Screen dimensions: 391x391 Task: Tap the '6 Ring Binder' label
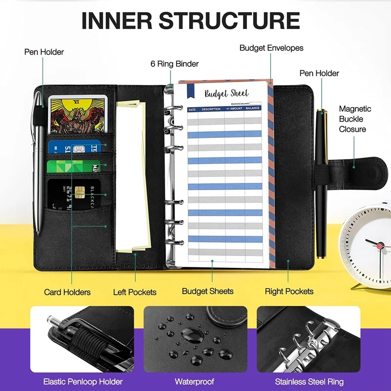coord(174,64)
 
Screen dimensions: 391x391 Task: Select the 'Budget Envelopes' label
coord(271,48)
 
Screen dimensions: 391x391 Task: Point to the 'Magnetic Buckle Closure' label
coord(355,119)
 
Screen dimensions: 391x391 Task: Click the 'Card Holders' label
coord(67,292)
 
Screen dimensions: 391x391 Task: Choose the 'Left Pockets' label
coord(135,292)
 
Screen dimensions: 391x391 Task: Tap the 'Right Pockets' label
coord(289,291)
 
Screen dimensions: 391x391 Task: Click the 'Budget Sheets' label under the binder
coord(208,291)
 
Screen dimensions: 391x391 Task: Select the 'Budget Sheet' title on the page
coord(226,93)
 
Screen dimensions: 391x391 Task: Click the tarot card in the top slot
coord(77,115)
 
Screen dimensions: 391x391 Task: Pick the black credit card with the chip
coord(73,194)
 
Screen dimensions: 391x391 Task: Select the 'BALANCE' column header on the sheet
coord(253,109)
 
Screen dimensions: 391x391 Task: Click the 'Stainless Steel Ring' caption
coord(309,381)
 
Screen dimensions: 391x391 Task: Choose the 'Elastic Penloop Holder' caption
coord(83,381)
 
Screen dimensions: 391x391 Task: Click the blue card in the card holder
coord(73,147)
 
